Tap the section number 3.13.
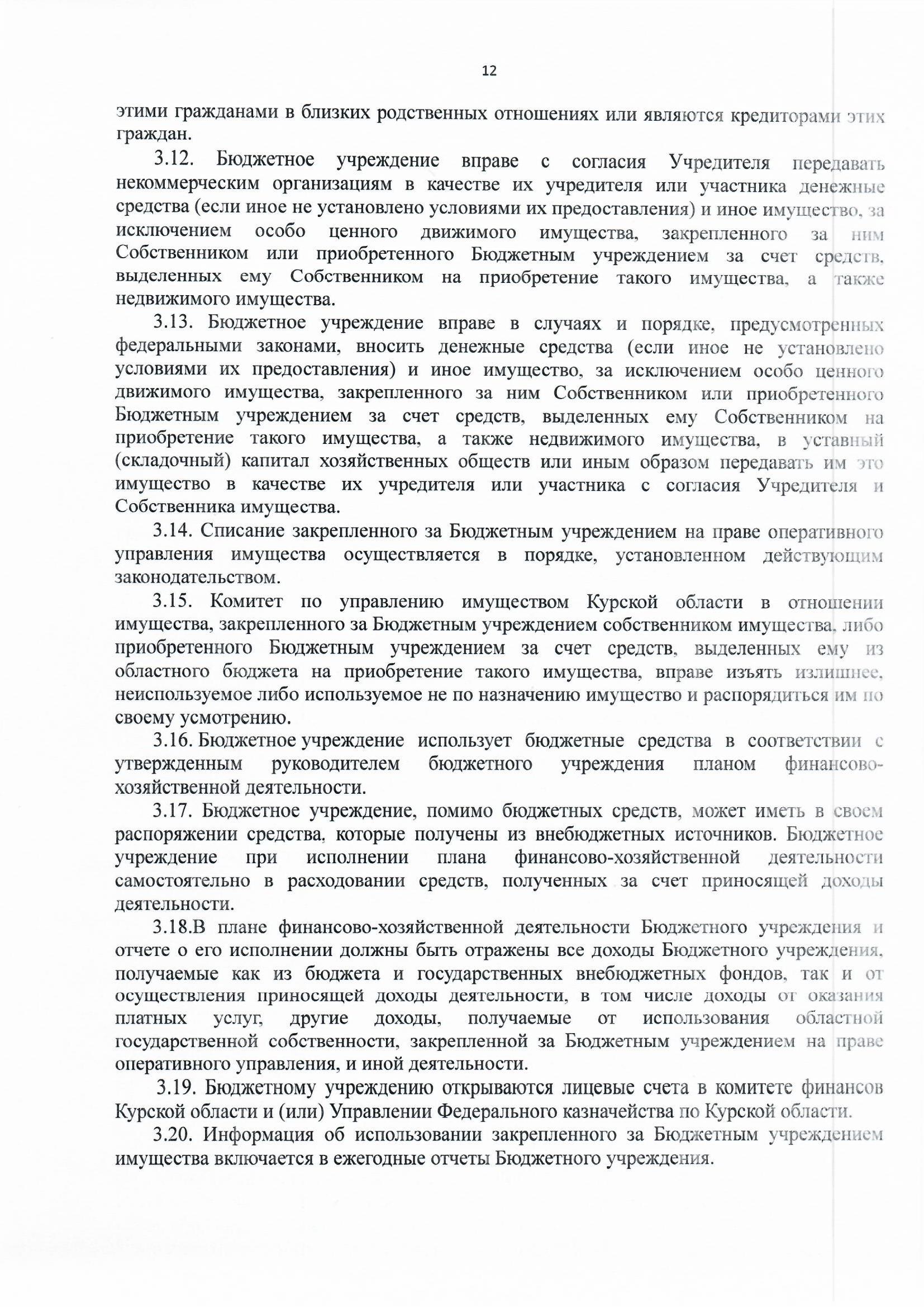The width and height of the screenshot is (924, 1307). [174, 323]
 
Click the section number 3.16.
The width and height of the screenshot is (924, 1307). [174, 741]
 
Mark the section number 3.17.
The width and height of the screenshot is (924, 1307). [174, 810]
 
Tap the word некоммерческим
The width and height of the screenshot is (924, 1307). [188, 184]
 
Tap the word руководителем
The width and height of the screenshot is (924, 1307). [336, 764]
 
